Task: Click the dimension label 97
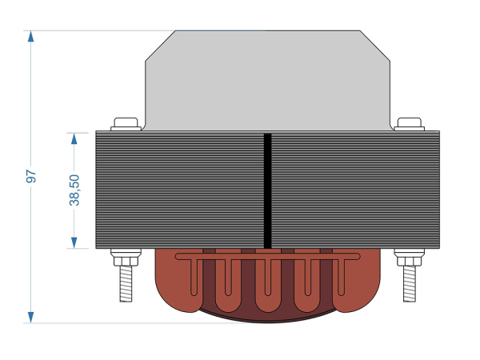(31, 176)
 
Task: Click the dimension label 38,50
(74, 190)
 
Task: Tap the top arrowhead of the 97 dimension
(30, 36)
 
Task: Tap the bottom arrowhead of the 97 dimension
(30, 318)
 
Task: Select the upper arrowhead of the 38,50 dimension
(74, 138)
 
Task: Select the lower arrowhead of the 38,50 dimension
(74, 242)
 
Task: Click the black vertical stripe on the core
(267, 190)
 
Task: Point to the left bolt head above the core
(126, 124)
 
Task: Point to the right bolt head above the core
(410, 124)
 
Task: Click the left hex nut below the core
(126, 261)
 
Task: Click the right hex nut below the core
(410, 261)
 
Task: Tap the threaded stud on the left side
(126, 283)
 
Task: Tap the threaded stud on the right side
(410, 283)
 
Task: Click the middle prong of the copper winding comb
(268, 278)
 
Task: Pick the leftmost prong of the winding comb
(194, 278)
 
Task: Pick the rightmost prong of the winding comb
(341, 278)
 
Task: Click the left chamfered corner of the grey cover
(160, 46)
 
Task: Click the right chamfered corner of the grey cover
(375, 46)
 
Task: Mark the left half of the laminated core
(180, 190)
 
